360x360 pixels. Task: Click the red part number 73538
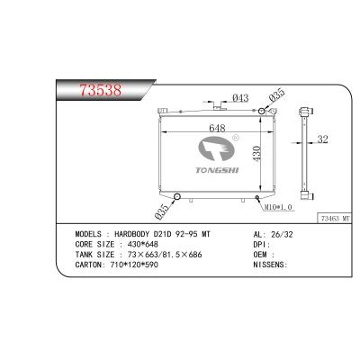[x=101, y=90]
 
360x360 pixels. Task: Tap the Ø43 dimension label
[x=240, y=98]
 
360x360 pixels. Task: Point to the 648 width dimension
[x=217, y=128]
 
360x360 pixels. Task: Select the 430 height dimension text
[x=256, y=154]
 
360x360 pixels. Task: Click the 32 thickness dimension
[x=322, y=139]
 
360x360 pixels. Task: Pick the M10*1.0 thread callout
[x=277, y=207]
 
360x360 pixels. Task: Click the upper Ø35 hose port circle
[x=262, y=111]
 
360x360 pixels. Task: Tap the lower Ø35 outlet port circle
[x=177, y=197]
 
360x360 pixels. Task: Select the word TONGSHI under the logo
[x=217, y=170]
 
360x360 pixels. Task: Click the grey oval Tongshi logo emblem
[x=216, y=148]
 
